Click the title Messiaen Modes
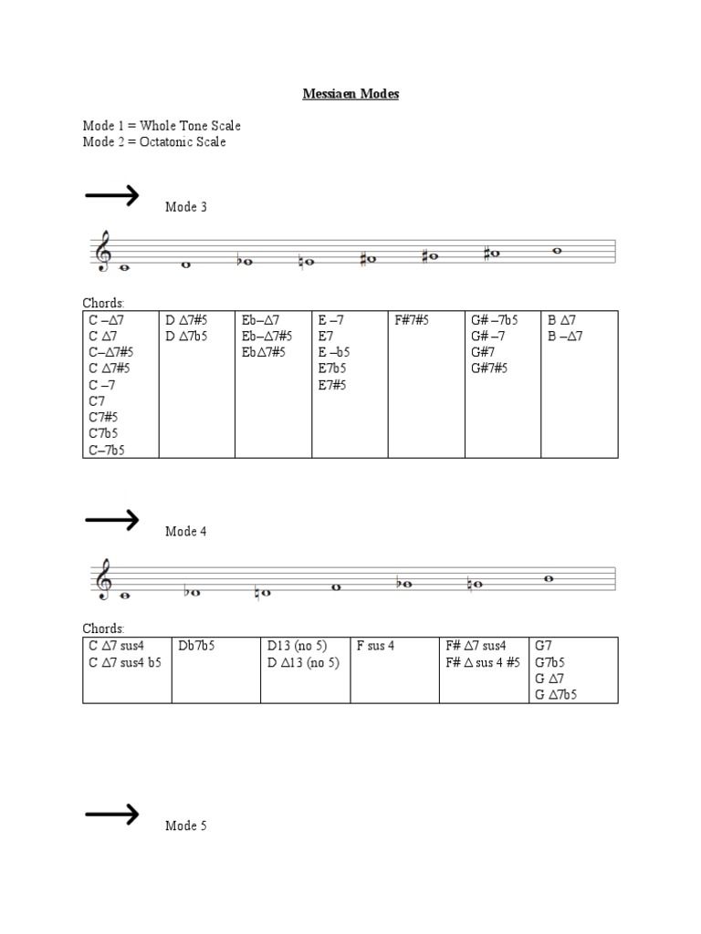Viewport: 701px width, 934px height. click(350, 94)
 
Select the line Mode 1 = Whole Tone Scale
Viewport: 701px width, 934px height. click(162, 125)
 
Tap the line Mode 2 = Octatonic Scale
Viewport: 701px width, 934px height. click(154, 141)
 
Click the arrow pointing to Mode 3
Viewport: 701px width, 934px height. click(111, 194)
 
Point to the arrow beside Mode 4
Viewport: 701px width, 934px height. click(111, 519)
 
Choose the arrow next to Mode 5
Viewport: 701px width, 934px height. click(111, 814)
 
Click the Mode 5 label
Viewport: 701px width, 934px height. click(186, 826)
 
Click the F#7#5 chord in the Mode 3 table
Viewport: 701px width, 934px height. click(413, 320)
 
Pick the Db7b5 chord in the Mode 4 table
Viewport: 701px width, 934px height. click(198, 646)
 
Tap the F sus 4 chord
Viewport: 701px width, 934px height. click(375, 646)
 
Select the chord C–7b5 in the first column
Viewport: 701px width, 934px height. click(106, 450)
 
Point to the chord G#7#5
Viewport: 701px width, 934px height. click(489, 368)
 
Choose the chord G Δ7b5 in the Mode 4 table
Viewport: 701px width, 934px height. click(556, 695)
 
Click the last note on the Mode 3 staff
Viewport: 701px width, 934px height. click(557, 251)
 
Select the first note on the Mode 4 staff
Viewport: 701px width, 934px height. click(124, 597)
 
